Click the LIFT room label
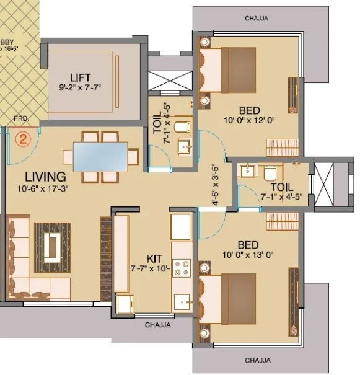click(x=81, y=77)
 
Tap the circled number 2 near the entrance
click(x=23, y=139)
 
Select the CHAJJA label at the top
click(x=256, y=19)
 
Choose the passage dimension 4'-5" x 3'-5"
click(x=215, y=185)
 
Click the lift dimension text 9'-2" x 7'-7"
click(x=81, y=87)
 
